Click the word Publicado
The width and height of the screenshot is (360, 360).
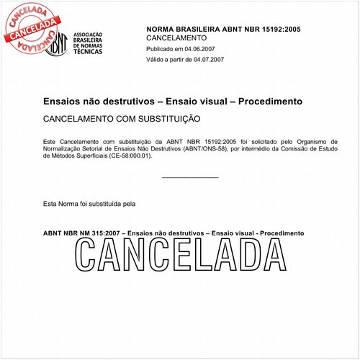[x=161, y=49]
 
